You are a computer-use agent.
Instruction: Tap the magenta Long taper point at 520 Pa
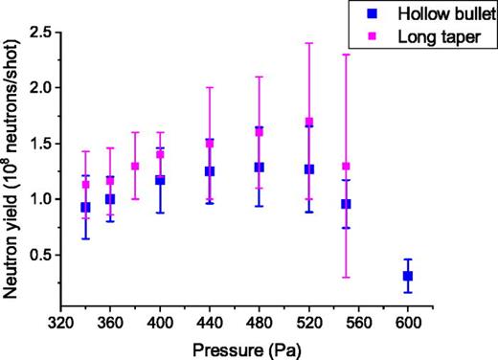click(x=308, y=122)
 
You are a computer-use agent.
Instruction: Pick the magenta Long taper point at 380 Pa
click(x=135, y=166)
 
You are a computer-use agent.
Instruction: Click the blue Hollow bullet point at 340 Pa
click(x=86, y=207)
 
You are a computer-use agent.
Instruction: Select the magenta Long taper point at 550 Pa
click(x=346, y=166)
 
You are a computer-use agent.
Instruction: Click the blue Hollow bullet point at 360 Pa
click(x=110, y=199)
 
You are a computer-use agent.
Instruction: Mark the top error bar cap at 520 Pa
click(x=308, y=43)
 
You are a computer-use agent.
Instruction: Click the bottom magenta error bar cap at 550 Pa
click(x=346, y=278)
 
